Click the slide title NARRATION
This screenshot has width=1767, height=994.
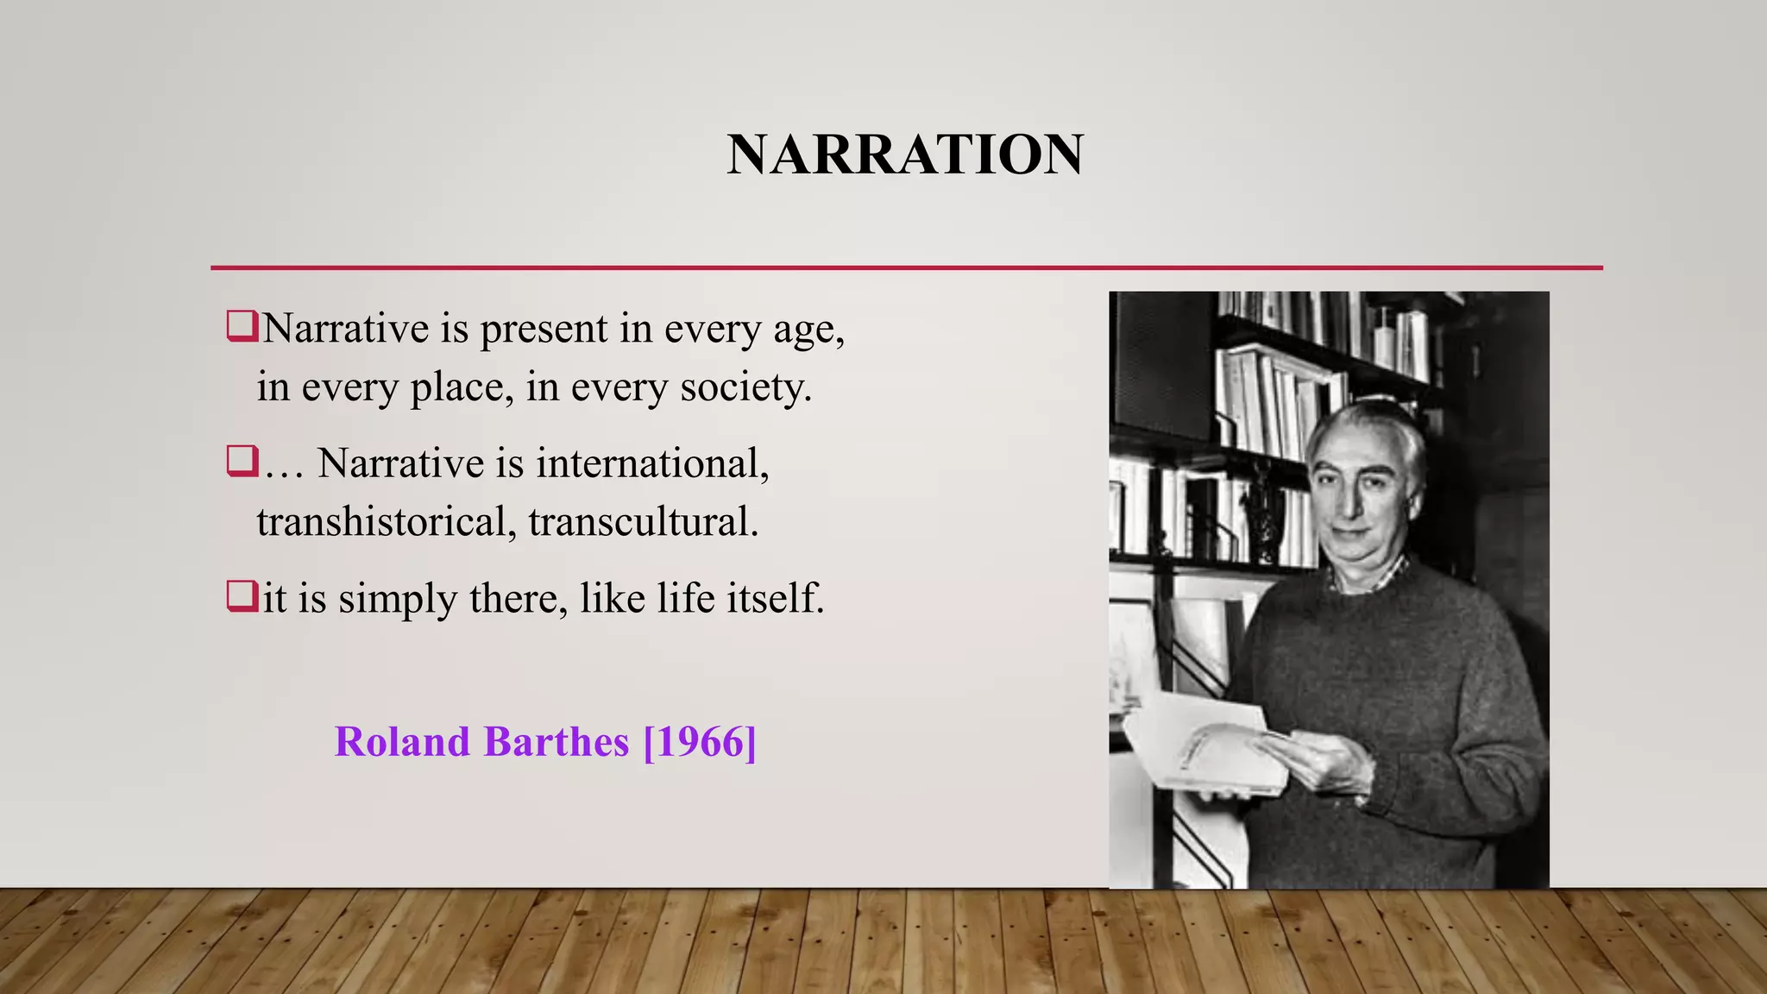[x=905, y=155]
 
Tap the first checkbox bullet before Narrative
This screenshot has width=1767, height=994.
[x=242, y=327]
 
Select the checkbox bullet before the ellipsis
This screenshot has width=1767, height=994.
[x=242, y=461]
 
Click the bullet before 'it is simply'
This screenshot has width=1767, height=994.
[x=242, y=596]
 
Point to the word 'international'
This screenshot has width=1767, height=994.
[x=651, y=463]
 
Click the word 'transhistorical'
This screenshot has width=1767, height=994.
[x=380, y=522]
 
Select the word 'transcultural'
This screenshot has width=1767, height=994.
[x=643, y=522]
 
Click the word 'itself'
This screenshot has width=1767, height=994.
[x=775, y=598]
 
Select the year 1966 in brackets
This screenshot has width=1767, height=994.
[x=700, y=742]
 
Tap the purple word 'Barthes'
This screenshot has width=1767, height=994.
[x=556, y=742]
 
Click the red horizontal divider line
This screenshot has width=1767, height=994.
[x=906, y=268]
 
